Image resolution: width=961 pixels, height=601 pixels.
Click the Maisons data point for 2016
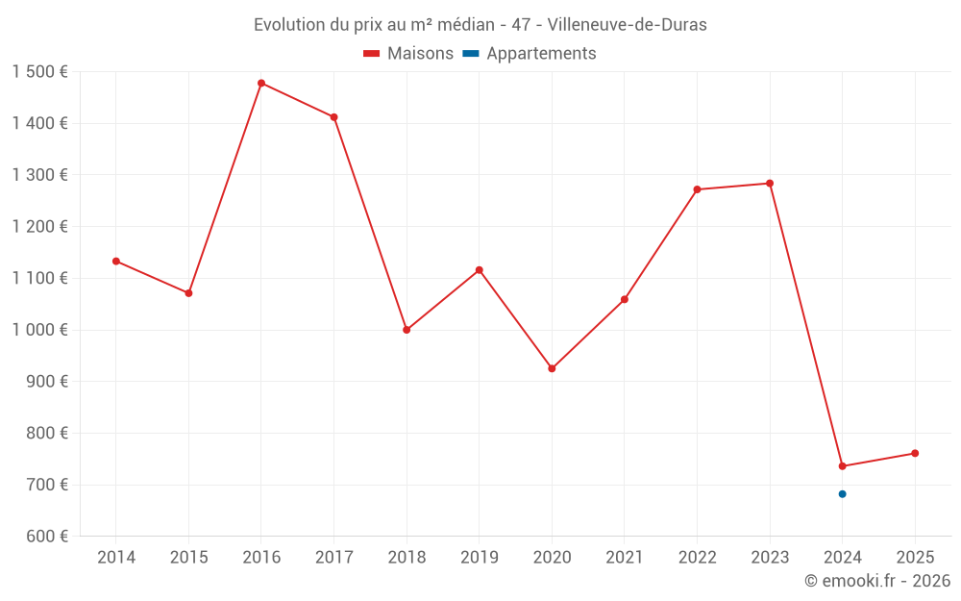click(261, 84)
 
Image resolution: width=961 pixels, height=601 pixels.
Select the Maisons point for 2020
click(552, 368)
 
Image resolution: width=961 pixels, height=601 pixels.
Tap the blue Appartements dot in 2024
click(842, 494)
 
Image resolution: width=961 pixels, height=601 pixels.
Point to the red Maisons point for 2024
click(842, 466)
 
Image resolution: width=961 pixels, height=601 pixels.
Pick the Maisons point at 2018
click(407, 330)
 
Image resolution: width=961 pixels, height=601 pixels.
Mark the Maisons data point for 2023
click(770, 184)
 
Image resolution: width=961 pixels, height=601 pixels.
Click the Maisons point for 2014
click(116, 262)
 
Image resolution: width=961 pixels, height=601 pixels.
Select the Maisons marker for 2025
click(915, 453)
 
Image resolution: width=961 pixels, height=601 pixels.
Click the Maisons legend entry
click(408, 54)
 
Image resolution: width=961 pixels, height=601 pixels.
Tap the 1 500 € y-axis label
click(39, 72)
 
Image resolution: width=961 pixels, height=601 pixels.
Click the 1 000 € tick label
click(39, 330)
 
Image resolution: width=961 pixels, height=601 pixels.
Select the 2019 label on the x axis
click(480, 558)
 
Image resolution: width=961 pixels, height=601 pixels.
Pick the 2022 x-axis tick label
click(697, 558)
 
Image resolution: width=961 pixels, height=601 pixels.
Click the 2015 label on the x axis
click(188, 558)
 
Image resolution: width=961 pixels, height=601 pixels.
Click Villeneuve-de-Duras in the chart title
click(627, 25)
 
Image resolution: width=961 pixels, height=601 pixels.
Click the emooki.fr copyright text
click(877, 581)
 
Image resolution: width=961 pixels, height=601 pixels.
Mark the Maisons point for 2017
click(334, 117)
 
